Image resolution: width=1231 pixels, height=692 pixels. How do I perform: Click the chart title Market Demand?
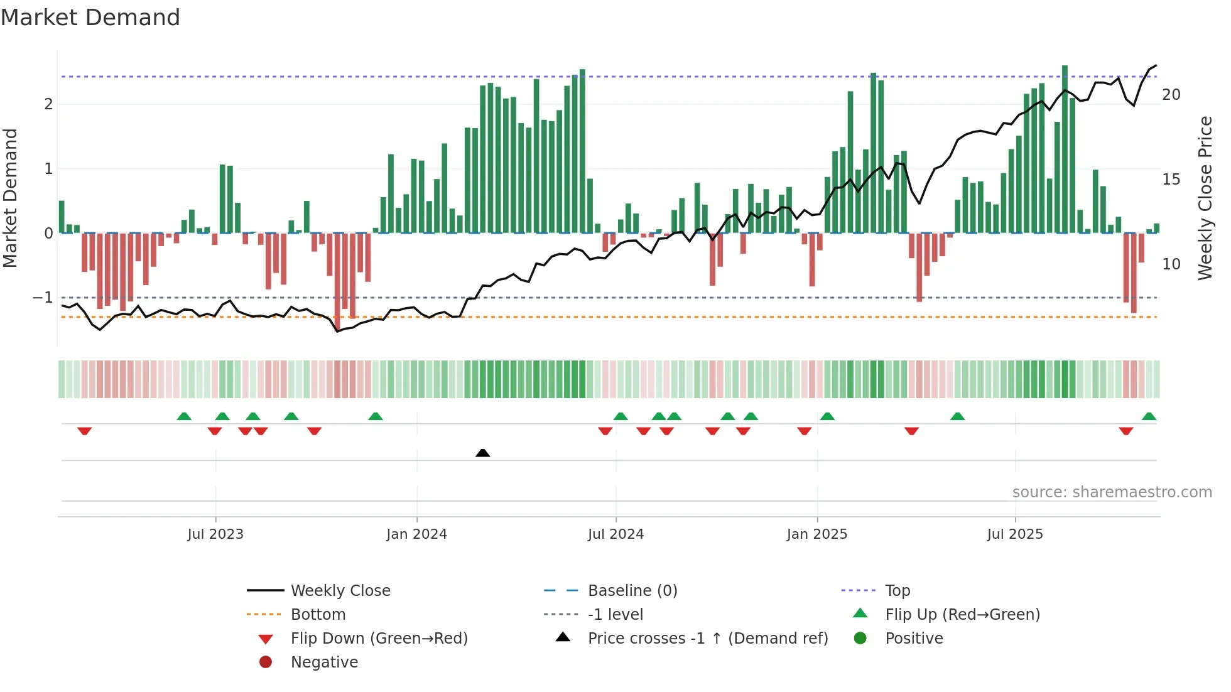coord(90,18)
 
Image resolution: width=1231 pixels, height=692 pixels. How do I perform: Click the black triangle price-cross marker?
coord(482,453)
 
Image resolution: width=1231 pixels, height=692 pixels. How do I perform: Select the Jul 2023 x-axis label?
coord(215,534)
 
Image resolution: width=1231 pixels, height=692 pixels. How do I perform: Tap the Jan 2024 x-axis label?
coord(416,534)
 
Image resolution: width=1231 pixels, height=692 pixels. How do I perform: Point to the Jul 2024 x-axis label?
coord(615,534)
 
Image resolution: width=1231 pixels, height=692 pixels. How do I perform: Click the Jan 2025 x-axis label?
coord(816,534)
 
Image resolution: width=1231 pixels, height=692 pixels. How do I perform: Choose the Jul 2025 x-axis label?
coord(1014,534)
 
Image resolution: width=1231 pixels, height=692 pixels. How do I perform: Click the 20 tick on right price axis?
coord(1171,95)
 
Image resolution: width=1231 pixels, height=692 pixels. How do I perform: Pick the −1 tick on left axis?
coord(43,297)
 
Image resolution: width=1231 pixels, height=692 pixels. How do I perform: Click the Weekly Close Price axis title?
coord(1205,198)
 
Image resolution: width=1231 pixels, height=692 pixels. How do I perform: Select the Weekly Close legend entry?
coord(340,591)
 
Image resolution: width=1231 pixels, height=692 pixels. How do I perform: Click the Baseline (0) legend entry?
coord(632,591)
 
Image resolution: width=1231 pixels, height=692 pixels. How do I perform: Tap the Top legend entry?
coord(897,591)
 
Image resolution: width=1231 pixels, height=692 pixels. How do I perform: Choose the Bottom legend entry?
coord(318,615)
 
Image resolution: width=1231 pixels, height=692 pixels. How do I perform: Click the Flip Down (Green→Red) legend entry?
coord(379,639)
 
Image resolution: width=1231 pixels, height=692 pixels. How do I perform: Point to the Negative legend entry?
coord(324,662)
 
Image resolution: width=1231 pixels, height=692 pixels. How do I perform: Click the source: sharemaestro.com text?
coord(1112,492)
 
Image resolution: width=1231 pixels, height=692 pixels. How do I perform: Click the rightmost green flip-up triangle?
coord(1149,416)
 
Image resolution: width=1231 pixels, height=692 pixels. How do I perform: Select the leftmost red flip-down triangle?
coord(85,431)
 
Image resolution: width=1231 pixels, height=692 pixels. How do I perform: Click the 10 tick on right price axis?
coord(1171,264)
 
